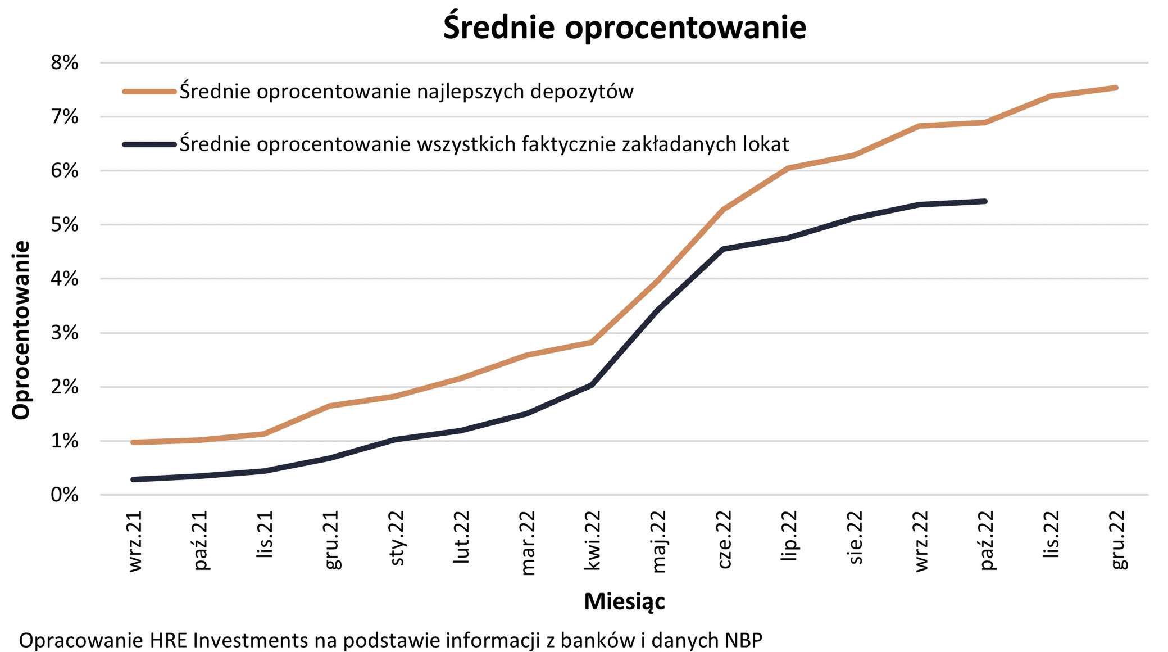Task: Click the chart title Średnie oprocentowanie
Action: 624,27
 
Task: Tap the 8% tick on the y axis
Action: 65,62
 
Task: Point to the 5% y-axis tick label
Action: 65,225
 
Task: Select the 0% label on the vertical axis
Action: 65,495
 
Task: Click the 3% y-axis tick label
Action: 65,333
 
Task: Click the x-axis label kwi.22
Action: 593,540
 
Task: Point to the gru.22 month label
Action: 1117,540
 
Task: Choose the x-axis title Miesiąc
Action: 624,601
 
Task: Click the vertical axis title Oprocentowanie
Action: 21,330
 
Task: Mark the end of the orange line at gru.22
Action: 1116,88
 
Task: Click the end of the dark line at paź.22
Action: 985,201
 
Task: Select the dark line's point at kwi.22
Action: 592,385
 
